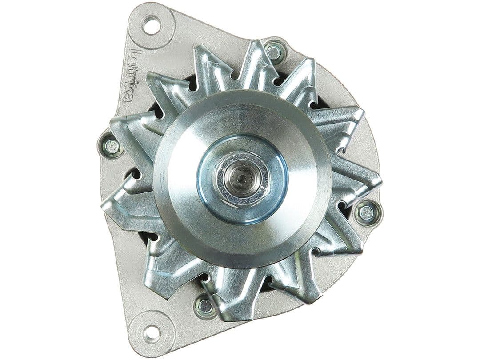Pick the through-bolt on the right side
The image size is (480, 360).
(x=367, y=213)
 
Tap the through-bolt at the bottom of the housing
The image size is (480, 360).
(x=205, y=305)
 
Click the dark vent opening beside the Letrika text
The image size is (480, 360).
(x=153, y=109)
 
